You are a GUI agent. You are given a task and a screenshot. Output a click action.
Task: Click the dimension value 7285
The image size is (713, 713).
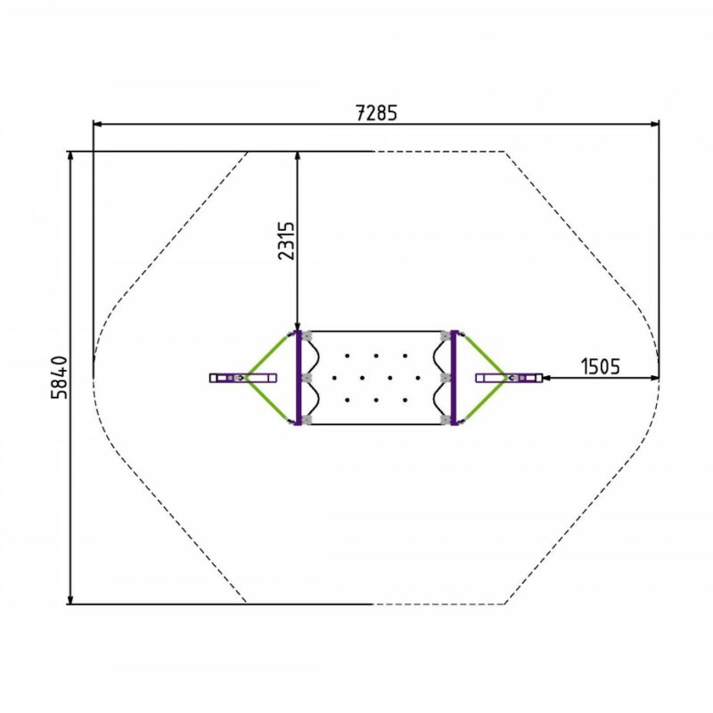376,113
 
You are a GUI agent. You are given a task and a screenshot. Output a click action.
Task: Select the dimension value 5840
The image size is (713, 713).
59,378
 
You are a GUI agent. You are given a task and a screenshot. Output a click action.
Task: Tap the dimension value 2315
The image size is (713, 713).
286,241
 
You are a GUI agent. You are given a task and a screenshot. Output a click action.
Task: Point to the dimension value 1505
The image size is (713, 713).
600,366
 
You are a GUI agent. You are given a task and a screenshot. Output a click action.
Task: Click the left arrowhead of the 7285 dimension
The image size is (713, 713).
97,123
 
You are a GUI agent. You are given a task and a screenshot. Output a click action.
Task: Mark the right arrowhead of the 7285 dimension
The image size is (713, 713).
654,123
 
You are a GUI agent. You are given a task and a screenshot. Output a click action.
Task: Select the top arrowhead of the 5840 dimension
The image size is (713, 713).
70,156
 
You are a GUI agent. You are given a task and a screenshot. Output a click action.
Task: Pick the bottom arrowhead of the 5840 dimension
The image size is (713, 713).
70,599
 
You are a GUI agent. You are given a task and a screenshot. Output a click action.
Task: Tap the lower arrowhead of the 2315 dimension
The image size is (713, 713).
298,325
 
